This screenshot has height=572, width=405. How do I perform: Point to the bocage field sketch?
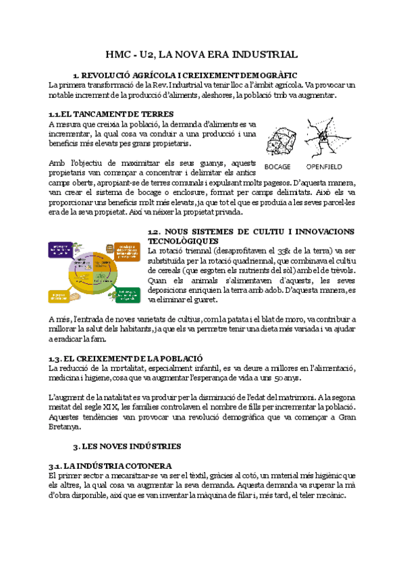pyautogui.click(x=278, y=140)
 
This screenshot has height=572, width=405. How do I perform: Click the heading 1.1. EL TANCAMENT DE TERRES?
pyautogui.click(x=111, y=114)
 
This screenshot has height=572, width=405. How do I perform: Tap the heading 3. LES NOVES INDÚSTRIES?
pyautogui.click(x=127, y=446)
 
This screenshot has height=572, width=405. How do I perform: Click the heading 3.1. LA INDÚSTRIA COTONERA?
pyautogui.click(x=110, y=465)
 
